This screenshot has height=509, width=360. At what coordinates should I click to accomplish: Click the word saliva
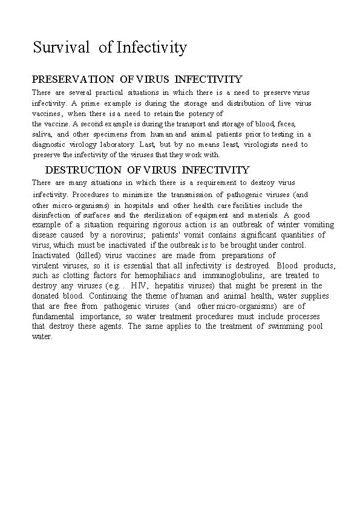(x=42, y=134)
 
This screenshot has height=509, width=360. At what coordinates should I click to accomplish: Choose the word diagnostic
(x=53, y=144)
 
